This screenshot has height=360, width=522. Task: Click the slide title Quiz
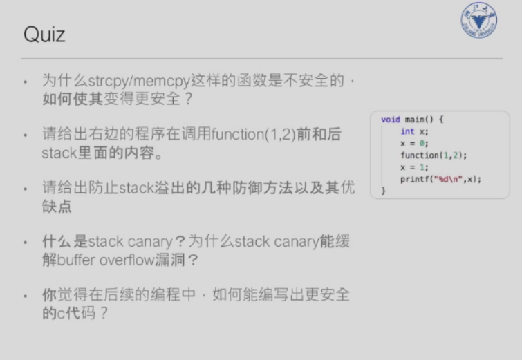point(44,35)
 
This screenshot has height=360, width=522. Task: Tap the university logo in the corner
point(479,21)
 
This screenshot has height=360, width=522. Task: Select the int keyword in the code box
point(407,131)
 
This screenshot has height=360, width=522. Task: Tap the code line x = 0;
point(413,143)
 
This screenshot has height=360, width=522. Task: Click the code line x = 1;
point(413,167)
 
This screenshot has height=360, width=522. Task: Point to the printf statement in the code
point(440,178)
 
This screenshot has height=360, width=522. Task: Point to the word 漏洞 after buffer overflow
point(187,261)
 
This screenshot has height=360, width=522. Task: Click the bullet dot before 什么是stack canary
point(26,243)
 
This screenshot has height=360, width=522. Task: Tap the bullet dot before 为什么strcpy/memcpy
point(26,82)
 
